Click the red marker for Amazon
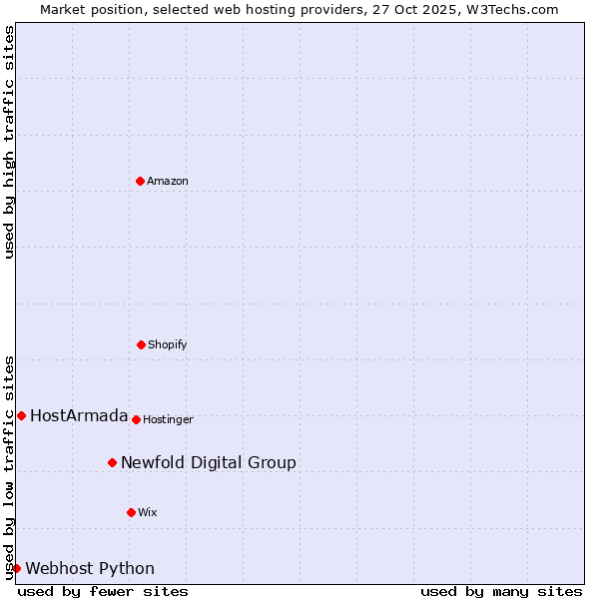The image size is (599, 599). [140, 181]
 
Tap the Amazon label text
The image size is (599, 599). [168, 182]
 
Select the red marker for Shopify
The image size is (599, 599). [141, 344]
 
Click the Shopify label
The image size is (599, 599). [168, 345]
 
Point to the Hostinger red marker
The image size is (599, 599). [136, 419]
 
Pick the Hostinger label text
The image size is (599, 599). [168, 420]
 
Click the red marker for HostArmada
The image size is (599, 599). [21, 415]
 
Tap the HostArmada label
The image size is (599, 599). [79, 416]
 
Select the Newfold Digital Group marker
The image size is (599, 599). [112, 462]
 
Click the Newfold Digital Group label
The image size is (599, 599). [208, 462]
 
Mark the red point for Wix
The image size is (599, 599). [131, 512]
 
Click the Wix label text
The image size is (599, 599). [148, 513]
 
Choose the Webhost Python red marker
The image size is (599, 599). [16, 568]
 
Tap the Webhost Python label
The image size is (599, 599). [90, 569]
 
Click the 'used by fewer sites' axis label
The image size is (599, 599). [103, 591]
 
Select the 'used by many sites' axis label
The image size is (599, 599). [501, 591]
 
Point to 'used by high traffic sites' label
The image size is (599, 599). [9, 142]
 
